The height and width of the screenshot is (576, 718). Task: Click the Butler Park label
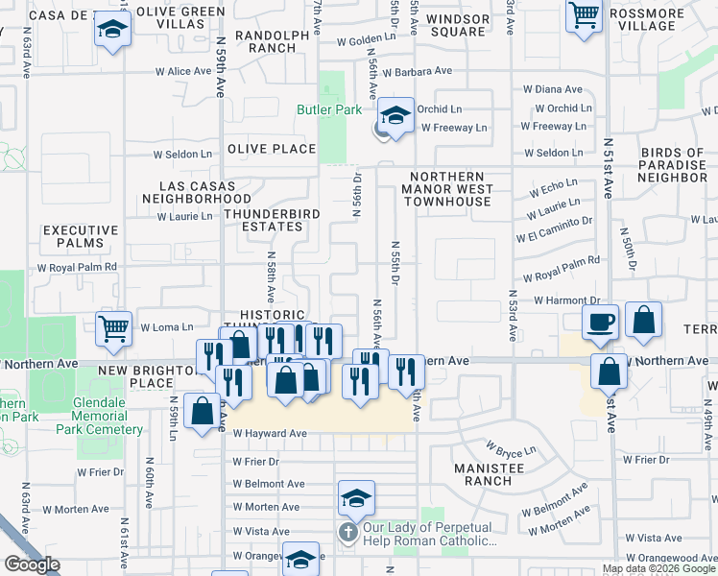point(328,109)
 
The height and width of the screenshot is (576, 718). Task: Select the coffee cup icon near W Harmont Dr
point(601,324)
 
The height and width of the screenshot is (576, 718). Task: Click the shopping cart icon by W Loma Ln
point(114,329)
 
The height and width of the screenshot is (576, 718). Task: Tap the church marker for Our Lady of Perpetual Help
point(347,531)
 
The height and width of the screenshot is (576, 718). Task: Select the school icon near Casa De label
point(113,30)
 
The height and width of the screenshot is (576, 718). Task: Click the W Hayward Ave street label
point(270,434)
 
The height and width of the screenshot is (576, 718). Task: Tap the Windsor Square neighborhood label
point(458,25)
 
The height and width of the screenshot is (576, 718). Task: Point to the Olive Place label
point(272,149)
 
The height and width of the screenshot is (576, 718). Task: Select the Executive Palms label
point(81,237)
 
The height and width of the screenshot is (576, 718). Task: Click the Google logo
point(32,564)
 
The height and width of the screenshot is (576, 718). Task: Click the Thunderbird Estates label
point(263,220)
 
